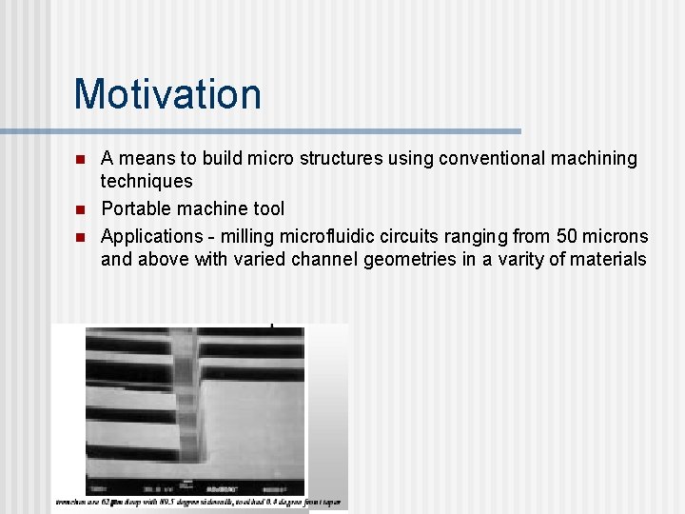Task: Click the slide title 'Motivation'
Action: click(167, 94)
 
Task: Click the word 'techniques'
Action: click(147, 182)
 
